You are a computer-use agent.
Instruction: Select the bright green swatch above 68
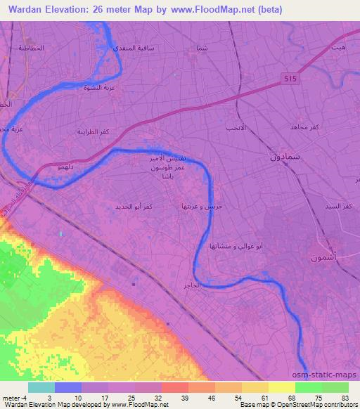(x=309, y=387)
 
